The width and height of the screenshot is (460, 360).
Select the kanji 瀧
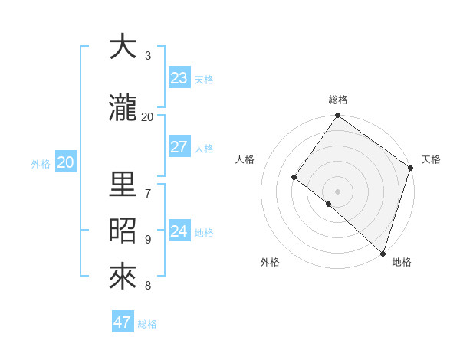coord(123,108)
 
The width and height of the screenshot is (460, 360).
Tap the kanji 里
coord(123,185)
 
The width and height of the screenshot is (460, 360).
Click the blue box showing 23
coord(179,78)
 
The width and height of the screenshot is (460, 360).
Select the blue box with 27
coord(179,147)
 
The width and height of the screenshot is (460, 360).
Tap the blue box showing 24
coord(179,231)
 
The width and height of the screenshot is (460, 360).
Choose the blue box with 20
coord(66,162)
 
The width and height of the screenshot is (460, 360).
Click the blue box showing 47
coord(123,322)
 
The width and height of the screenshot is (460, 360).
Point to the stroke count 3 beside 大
coord(148,56)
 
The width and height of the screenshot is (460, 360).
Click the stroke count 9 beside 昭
coord(148,240)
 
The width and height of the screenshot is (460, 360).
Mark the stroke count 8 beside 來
coord(148,286)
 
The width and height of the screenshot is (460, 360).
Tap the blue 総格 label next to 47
coord(147,324)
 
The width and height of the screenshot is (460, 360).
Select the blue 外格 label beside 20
coord(41,163)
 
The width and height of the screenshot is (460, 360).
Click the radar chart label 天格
coord(431,159)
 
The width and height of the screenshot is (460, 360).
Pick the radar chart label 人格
coord(245,159)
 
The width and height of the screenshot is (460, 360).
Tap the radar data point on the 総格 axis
coord(337,116)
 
